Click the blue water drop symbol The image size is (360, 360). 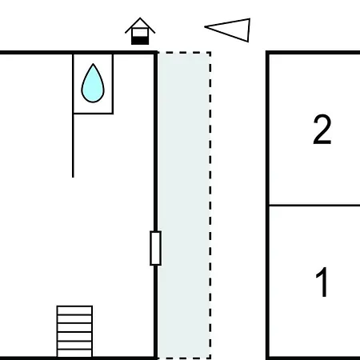pos(93,84)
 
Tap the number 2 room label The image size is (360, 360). pos(322,130)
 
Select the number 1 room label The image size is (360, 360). pos(322,282)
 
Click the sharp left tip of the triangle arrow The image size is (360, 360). pos(205,26)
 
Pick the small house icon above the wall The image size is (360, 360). pos(140,31)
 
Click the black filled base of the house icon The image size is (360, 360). pos(140,41)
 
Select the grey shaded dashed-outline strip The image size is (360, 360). pos(184,206)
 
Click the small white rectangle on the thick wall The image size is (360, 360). pos(155,248)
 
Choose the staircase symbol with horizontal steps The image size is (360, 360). pos(74,331)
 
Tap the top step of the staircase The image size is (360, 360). pos(74,310)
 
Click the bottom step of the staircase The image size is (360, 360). pos(74,353)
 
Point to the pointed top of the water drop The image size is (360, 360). pos(93,64)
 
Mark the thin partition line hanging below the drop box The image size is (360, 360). pos(73,146)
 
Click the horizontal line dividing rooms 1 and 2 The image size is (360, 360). pos(314,206)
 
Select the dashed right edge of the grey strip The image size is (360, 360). pos(210,206)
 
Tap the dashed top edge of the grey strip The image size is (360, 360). pos(184,53)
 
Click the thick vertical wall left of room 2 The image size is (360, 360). pos(267,206)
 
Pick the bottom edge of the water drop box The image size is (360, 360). pos(93,114)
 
